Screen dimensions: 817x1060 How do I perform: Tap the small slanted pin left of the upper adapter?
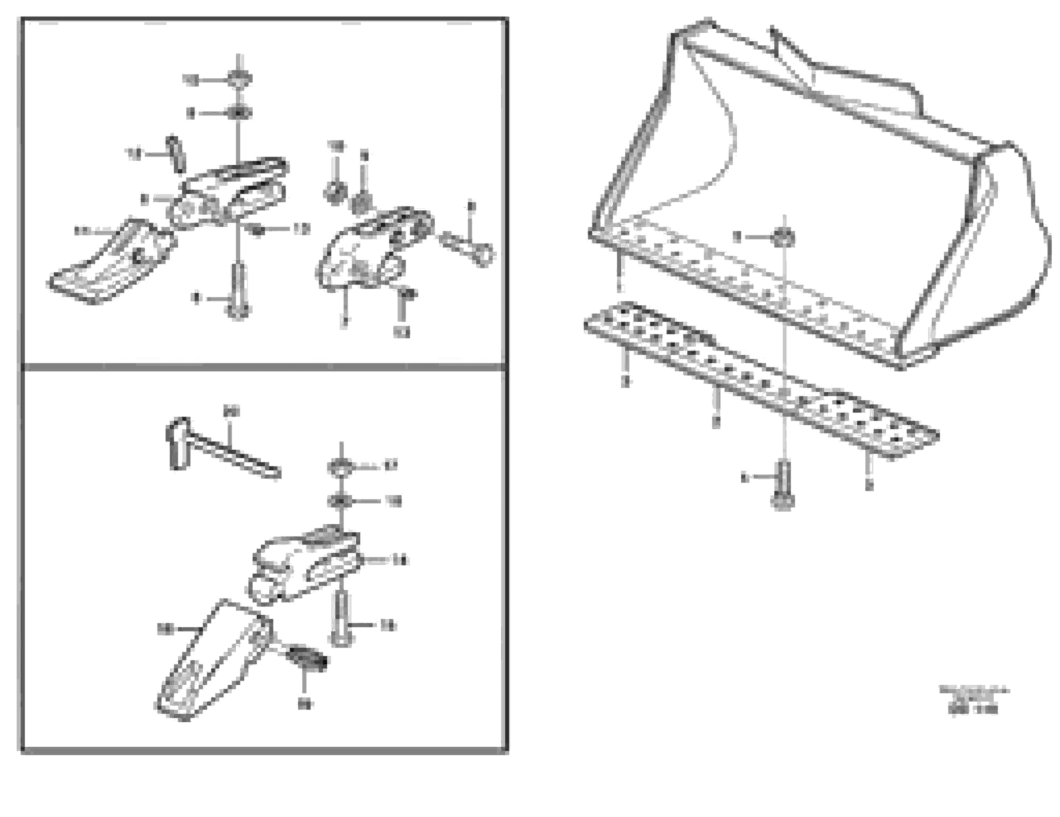tap(176, 154)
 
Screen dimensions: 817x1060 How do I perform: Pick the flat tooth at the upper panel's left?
tap(112, 264)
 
